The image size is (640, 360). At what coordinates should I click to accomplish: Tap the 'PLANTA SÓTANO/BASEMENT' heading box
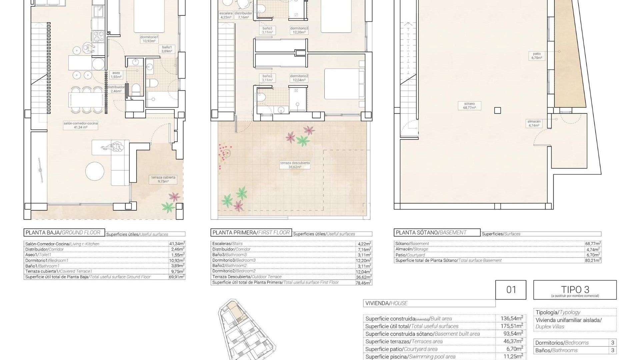437,233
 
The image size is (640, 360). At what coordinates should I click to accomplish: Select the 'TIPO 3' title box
575,290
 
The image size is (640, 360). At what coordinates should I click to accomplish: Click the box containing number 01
511,290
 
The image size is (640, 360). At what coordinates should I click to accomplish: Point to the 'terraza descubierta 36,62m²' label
295,165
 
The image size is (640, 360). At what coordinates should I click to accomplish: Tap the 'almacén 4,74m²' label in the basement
534,123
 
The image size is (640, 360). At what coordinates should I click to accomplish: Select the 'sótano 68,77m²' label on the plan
469,106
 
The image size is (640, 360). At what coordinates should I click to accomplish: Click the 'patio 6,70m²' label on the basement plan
537,56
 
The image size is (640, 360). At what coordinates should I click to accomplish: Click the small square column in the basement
497,110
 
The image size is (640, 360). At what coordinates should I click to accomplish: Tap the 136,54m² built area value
511,318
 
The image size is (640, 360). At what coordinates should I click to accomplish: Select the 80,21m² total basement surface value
593,260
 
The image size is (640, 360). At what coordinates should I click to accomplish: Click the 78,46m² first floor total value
364,283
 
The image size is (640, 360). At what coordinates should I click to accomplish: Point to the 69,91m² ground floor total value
177,277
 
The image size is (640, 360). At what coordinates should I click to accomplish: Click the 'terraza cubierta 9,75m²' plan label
163,179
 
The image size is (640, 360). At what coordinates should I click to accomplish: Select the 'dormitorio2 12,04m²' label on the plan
299,78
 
